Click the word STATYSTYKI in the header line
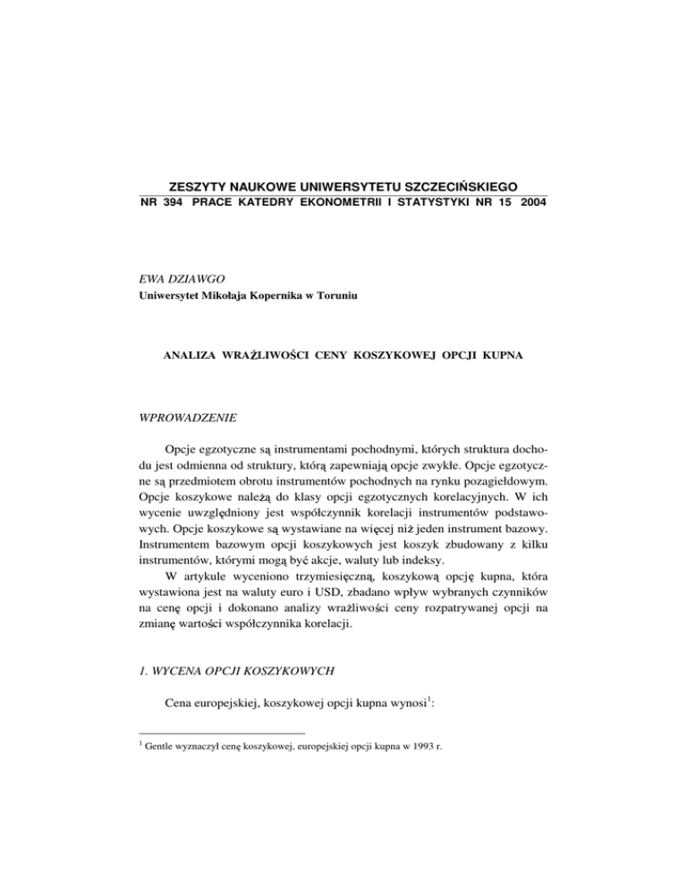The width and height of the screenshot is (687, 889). (426, 205)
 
